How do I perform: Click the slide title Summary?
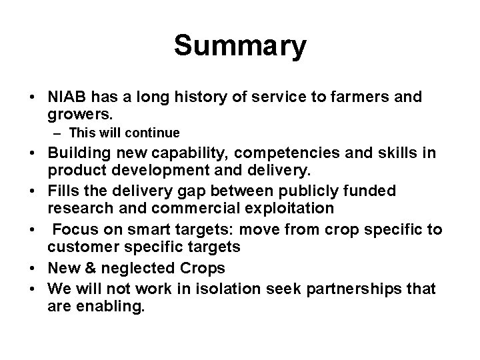[240, 47]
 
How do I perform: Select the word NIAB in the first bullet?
[67, 97]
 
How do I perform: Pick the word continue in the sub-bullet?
[157, 133]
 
